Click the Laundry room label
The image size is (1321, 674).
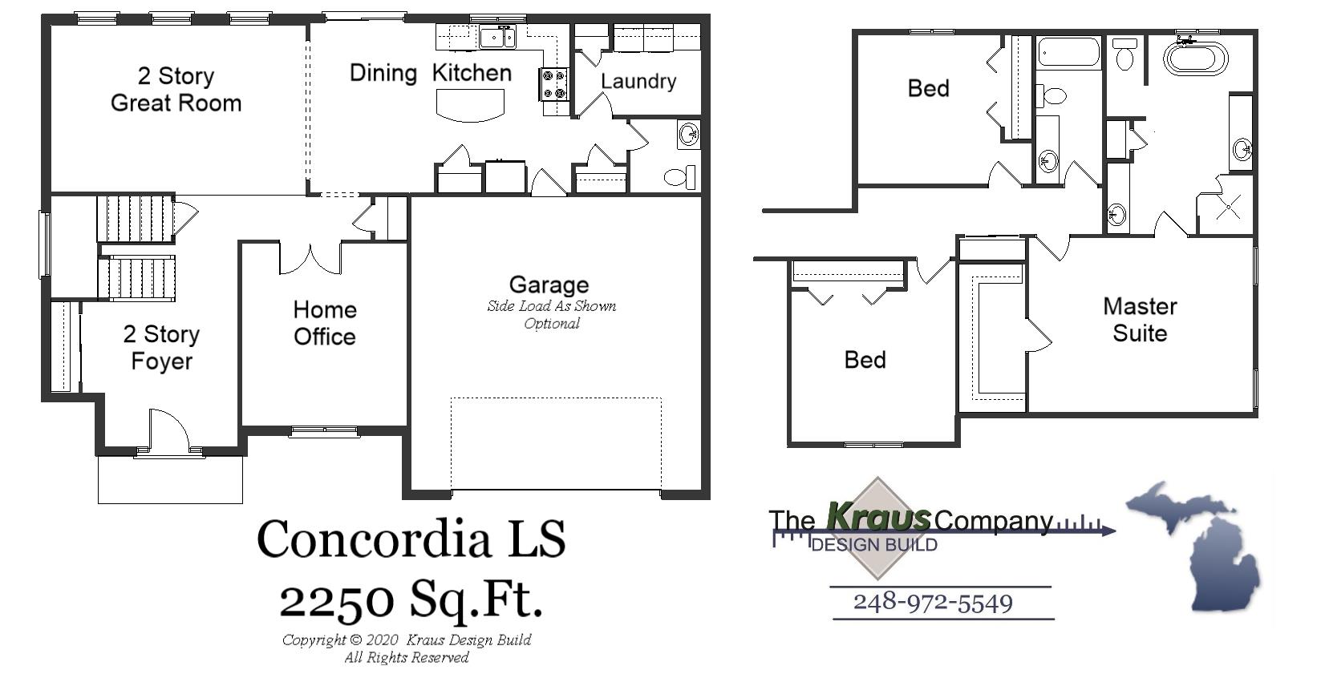pyautogui.click(x=638, y=81)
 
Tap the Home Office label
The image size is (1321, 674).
pyautogui.click(x=324, y=323)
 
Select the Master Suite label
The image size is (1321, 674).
pyautogui.click(x=1140, y=319)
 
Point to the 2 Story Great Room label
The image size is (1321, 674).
pyautogui.click(x=176, y=89)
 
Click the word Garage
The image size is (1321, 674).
pyautogui.click(x=549, y=285)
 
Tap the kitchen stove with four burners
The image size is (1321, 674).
pyautogui.click(x=554, y=84)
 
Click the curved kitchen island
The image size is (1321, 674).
pyautogui.click(x=470, y=105)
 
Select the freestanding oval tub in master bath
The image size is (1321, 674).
pyautogui.click(x=1195, y=58)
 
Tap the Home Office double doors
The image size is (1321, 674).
pyautogui.click(x=310, y=258)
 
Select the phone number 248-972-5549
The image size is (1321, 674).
pyautogui.click(x=933, y=603)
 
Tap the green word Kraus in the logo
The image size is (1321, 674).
pyautogui.click(x=878, y=517)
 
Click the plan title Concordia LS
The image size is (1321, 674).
pyautogui.click(x=411, y=539)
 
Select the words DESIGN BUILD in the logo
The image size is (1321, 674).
pyautogui.click(x=874, y=545)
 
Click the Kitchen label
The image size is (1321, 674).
pyautogui.click(x=472, y=73)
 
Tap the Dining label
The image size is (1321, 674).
pyautogui.click(x=383, y=73)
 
